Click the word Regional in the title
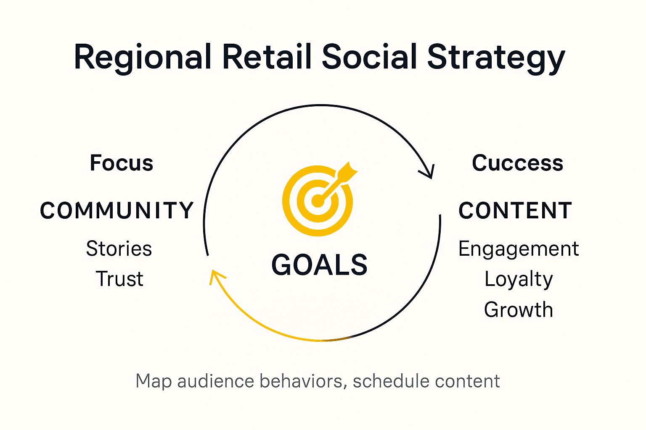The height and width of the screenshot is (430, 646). click(143, 58)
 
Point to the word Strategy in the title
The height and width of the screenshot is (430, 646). click(496, 58)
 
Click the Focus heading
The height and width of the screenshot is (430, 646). click(122, 163)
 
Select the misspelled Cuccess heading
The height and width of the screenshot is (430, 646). click(517, 163)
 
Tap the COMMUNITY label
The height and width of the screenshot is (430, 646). click(116, 210)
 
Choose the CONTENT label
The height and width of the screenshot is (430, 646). click(515, 210)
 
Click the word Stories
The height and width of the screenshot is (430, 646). click(119, 249)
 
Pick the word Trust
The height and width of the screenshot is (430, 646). click(119, 279)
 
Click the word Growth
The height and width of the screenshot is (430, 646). click(519, 310)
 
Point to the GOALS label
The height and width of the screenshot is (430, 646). click(319, 265)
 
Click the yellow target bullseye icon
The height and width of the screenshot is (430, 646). click(318, 200)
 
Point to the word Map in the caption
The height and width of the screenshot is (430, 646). click(154, 382)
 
